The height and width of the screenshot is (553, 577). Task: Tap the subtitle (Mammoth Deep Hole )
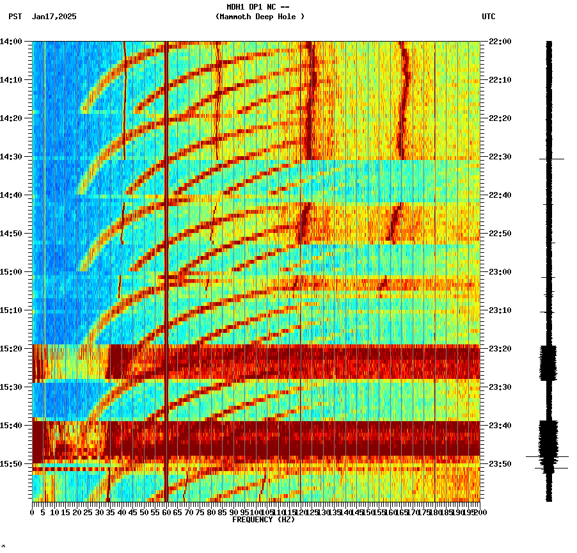click(260, 17)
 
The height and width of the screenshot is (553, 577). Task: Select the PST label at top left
click(15, 17)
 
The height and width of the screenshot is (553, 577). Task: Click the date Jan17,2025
click(54, 17)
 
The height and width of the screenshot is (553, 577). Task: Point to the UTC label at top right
click(489, 17)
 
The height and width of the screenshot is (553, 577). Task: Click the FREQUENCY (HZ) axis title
click(264, 520)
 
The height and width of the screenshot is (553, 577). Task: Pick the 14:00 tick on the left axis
click(12, 42)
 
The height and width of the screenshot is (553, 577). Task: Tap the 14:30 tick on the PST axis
click(12, 157)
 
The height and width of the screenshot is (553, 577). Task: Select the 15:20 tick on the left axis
click(12, 349)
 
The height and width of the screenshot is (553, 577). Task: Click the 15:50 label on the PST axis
click(12, 464)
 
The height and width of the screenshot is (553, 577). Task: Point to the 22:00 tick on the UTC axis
click(500, 42)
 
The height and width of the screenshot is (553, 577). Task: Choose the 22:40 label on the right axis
click(500, 195)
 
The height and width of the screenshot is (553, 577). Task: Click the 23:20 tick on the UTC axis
click(500, 349)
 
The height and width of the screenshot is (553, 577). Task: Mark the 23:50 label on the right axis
click(500, 464)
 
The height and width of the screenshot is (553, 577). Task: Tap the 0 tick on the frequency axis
click(33, 512)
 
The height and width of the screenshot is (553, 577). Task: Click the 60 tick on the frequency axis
click(166, 512)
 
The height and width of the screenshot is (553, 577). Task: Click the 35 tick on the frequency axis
click(111, 512)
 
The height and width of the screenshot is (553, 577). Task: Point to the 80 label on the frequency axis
click(211, 512)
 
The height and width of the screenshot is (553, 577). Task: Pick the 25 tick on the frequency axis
click(88, 512)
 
